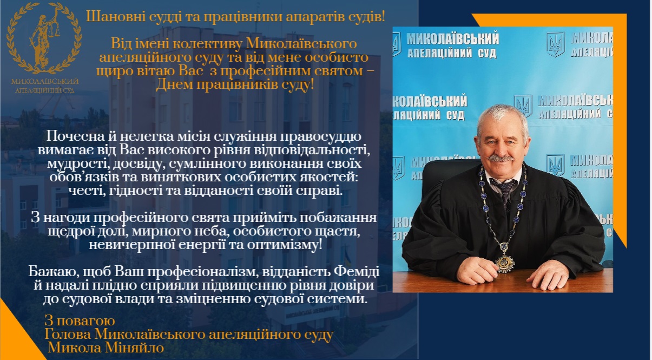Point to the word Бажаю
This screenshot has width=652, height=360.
tap(54, 272)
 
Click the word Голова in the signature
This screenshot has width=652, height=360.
tap(68, 334)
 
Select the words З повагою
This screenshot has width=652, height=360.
tap(80, 321)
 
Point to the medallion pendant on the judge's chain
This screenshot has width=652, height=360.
tap(505, 263)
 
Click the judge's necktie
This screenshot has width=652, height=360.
tap(505, 192)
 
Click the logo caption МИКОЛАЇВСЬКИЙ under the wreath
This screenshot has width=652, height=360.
tap(45, 82)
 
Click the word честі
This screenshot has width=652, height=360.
tap(87, 191)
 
